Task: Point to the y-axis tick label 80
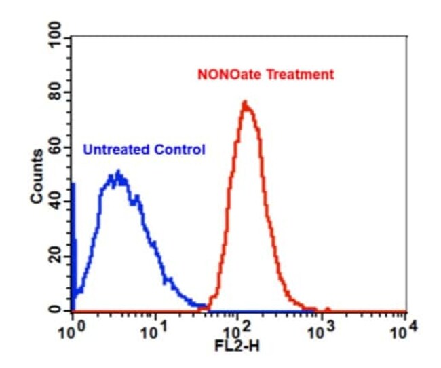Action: click(55, 92)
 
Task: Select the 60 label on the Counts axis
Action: click(55, 147)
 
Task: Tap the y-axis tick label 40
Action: click(55, 201)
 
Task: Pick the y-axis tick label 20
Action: click(55, 255)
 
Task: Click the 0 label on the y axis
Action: click(55, 310)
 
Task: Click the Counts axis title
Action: click(37, 177)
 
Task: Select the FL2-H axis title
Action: click(237, 346)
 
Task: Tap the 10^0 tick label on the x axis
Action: click(71, 331)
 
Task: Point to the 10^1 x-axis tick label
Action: click(153, 331)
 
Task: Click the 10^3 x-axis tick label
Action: click(321, 331)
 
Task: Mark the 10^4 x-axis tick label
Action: click(404, 331)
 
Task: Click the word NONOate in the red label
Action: click(230, 75)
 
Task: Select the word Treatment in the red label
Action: click(300, 75)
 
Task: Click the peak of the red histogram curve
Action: click(245, 102)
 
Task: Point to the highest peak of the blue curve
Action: click(119, 171)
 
